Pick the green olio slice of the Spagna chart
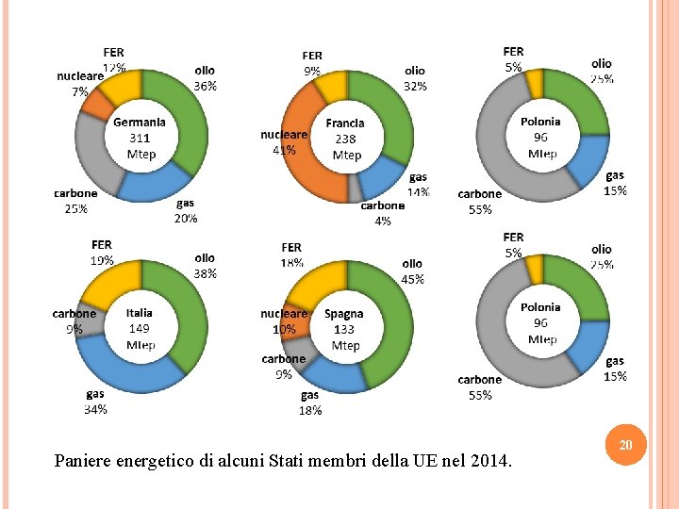coord(396,320)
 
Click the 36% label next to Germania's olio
coord(205,86)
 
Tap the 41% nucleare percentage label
coord(284,149)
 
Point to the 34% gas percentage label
coord(95,409)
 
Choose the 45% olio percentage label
coord(412,279)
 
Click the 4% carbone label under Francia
coord(382,222)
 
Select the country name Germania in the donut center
coord(140,122)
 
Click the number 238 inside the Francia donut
coord(345,139)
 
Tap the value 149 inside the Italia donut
coord(140,329)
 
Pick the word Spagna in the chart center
coord(344,314)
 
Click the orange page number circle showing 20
coord(624,443)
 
